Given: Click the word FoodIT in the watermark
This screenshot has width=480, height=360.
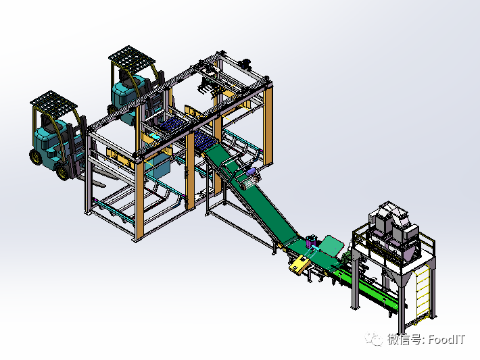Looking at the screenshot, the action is [x=447, y=339].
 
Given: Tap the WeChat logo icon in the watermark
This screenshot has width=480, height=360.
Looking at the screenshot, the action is [x=373, y=339].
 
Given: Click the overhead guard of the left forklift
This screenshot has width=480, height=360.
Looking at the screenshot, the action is [x=53, y=101].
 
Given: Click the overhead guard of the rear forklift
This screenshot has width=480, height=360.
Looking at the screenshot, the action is [x=132, y=57].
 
